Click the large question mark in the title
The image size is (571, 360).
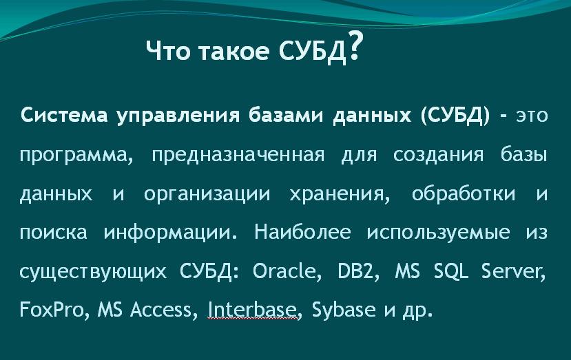point(355,45)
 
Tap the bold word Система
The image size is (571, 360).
point(64,116)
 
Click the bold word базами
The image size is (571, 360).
point(287,116)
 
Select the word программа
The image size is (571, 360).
point(76,156)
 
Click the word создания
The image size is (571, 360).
point(439,155)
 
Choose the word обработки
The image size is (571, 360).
point(464,193)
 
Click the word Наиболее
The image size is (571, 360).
point(302,231)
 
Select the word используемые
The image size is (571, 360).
point(438,233)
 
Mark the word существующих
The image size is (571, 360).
point(93,271)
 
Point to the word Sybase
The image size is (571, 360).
point(344,310)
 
